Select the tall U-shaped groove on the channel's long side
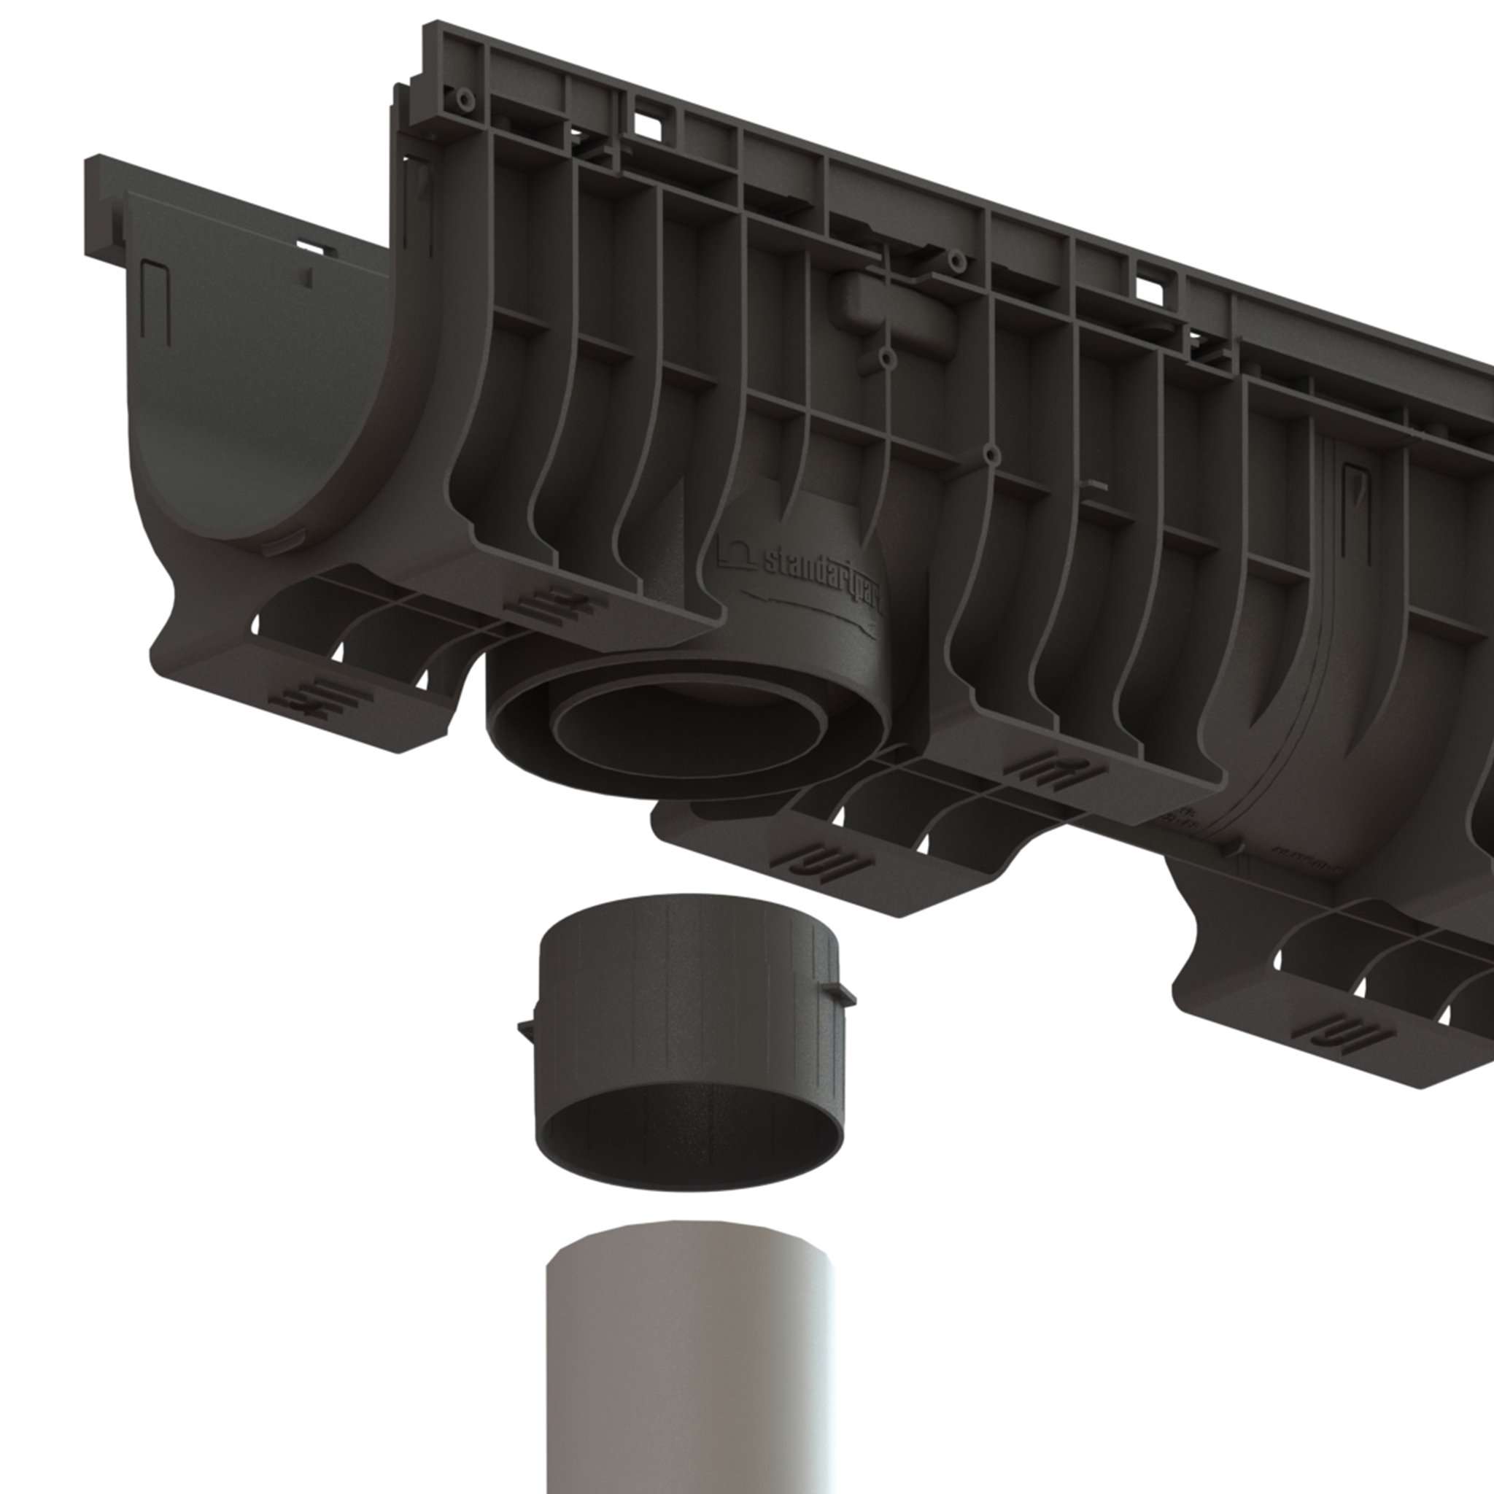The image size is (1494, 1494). pyautogui.click(x=1365, y=511)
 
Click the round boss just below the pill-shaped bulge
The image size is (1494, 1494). pyautogui.click(x=888, y=358)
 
